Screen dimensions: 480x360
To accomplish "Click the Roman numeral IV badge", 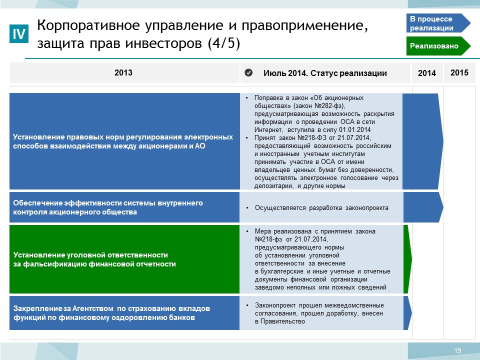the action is point(19,33).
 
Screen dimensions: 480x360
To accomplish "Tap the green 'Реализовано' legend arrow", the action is point(438,46).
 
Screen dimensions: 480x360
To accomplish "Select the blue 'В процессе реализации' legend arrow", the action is point(438,23).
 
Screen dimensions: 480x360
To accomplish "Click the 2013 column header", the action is point(123,72).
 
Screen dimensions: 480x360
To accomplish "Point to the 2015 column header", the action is point(459,72).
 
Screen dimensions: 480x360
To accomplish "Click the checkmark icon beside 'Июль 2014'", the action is point(248,72).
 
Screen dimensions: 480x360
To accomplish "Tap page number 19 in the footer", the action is point(457,350).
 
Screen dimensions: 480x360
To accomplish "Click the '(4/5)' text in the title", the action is point(224,43).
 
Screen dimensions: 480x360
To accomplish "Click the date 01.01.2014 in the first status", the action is point(355,129).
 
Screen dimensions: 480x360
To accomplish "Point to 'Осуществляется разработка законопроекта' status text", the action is point(321,208).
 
